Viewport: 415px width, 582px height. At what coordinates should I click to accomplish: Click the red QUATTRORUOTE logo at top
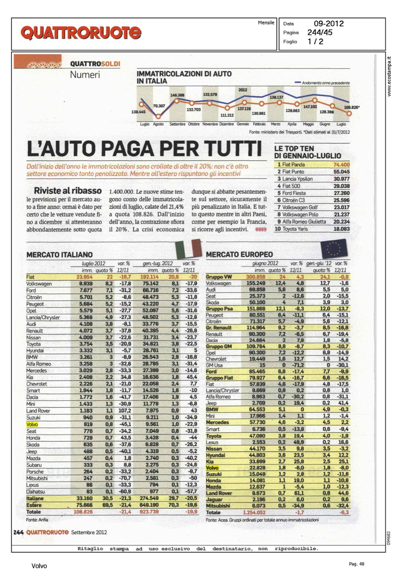tap(81, 33)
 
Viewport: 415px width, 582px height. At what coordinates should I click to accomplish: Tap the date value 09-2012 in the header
tap(328, 24)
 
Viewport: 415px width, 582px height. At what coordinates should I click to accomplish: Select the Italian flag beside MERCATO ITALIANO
tap(189, 249)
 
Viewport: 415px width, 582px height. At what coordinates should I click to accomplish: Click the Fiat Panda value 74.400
tap(342, 165)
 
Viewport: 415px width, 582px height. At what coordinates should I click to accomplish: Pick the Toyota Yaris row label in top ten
tap(295, 229)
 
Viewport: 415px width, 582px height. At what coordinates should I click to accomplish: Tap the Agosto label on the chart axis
tap(158, 124)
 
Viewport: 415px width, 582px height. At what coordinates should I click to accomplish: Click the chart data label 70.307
tap(159, 106)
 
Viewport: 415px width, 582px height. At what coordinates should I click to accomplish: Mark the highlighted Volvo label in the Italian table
tap(32, 424)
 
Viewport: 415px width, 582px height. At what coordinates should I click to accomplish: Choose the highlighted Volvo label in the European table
tap(212, 468)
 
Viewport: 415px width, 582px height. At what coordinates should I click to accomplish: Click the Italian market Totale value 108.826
tap(83, 512)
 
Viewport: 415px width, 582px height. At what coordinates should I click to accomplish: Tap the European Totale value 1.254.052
tap(254, 513)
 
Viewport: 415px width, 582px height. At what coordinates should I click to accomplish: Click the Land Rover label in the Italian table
tap(38, 411)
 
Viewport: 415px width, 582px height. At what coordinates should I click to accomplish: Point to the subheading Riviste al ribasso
tap(68, 191)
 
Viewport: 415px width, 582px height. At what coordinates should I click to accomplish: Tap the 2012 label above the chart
tap(243, 90)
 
